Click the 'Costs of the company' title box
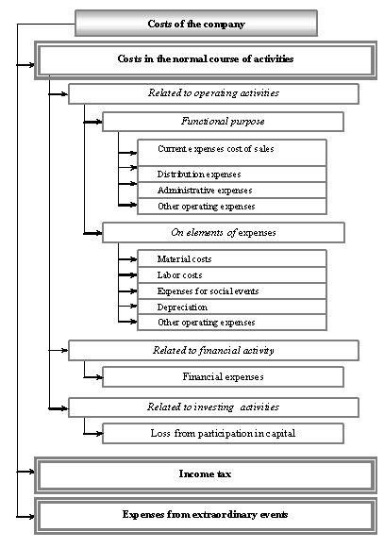[196, 23]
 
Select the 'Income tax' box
[206, 474]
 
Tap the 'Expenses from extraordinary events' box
[206, 515]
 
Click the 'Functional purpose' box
[223, 122]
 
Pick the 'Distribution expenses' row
[232, 174]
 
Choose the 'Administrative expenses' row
[232, 191]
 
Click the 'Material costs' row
[232, 259]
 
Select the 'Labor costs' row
[232, 275]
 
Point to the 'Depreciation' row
[232, 307]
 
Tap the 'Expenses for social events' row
[232, 291]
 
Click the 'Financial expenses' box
[223, 376]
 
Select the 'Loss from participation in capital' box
[223, 433]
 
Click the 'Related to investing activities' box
[213, 407]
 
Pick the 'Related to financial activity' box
[213, 350]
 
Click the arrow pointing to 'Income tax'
[25, 472]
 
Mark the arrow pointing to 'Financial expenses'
[93, 377]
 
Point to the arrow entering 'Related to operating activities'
[58, 94]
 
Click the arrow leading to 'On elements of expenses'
[93, 233]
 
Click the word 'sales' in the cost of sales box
[264, 149]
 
